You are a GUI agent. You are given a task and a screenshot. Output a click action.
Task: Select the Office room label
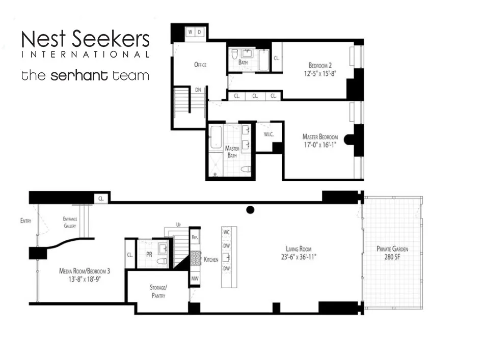(200, 65)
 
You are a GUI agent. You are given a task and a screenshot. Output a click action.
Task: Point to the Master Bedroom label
(320, 136)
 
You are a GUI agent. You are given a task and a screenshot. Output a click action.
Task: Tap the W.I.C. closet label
(269, 134)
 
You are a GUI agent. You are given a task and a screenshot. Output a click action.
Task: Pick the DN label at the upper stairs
(198, 90)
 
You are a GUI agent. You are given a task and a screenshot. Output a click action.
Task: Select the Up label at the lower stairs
(178, 224)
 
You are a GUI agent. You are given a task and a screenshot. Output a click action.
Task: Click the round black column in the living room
(250, 209)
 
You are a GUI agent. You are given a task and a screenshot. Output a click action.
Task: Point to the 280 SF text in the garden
(392, 257)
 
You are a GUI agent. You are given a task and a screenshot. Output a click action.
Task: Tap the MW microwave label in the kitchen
(195, 279)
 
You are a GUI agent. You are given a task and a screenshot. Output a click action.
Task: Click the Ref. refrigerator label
(195, 238)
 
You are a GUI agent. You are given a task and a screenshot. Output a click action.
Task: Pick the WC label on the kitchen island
(227, 232)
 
